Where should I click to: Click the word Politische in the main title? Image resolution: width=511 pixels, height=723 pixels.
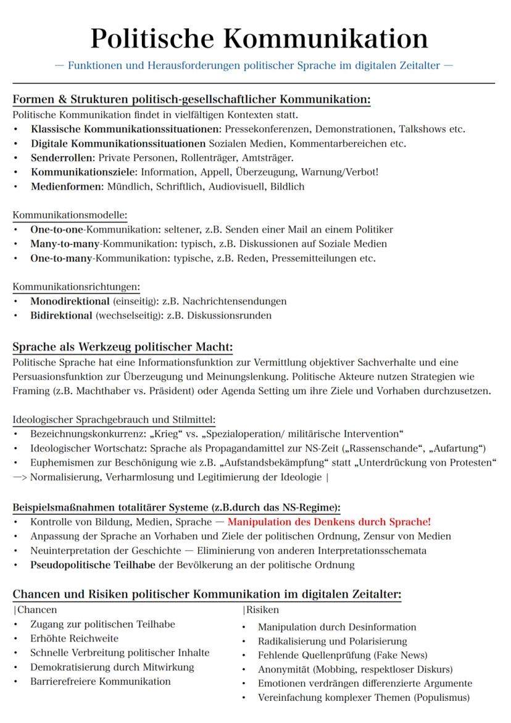tap(151, 38)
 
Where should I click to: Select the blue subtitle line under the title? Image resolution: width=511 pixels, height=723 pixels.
tap(254, 65)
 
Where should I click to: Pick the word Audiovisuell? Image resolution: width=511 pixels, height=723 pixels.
tap(237, 186)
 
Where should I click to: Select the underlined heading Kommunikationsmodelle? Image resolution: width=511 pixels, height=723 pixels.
tap(70, 215)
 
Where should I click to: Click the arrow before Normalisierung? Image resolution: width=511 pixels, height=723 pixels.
tap(19, 477)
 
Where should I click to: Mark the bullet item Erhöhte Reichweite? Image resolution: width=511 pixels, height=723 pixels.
tap(74, 638)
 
